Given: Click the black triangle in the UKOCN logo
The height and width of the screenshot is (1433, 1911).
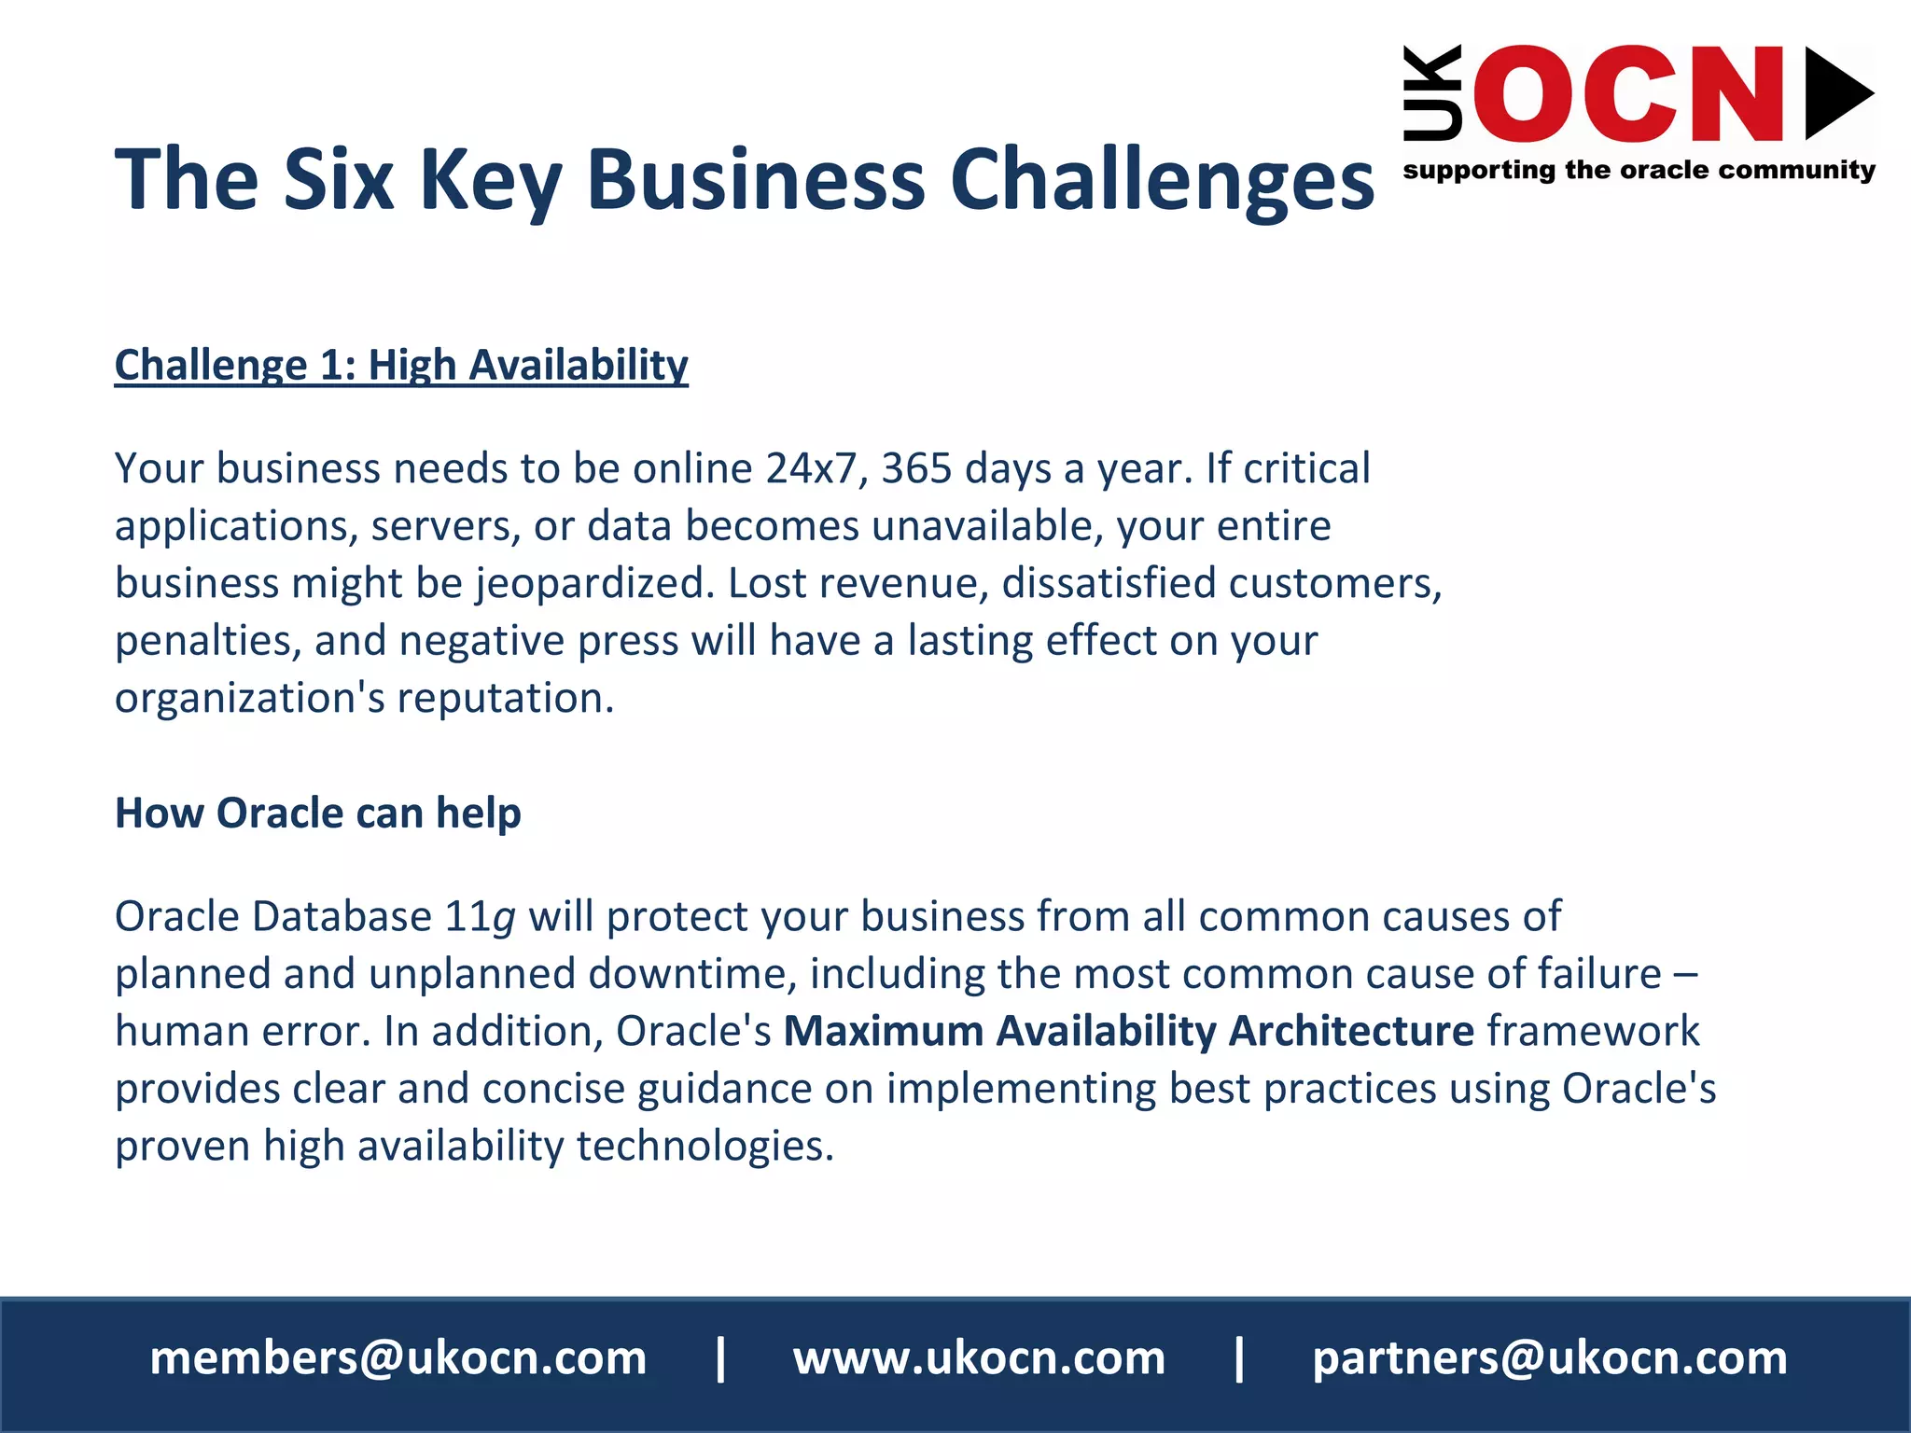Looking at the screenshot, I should (x=1836, y=93).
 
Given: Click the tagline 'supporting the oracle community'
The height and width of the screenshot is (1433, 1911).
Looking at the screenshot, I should (x=1639, y=170).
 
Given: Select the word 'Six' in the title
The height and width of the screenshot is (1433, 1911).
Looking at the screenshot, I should (x=338, y=179).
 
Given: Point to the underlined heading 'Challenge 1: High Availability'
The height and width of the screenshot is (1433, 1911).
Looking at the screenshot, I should (x=401, y=365).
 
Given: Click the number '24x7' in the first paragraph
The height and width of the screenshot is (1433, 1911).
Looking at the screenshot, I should (x=810, y=468).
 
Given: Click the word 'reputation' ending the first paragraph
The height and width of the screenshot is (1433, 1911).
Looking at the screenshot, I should (x=499, y=699).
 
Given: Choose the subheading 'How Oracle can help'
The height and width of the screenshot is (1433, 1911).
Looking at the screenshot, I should (x=317, y=813).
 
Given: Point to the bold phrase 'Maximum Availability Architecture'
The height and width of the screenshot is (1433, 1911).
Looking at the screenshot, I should (x=1128, y=1032).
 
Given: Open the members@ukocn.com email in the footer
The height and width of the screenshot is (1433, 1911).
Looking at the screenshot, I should (x=398, y=1358).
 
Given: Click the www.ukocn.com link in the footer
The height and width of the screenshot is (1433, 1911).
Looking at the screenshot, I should (x=979, y=1358).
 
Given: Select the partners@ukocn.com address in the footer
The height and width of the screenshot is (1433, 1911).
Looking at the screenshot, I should (x=1550, y=1358).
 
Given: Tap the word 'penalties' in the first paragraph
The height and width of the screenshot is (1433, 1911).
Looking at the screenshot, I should (x=202, y=642).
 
